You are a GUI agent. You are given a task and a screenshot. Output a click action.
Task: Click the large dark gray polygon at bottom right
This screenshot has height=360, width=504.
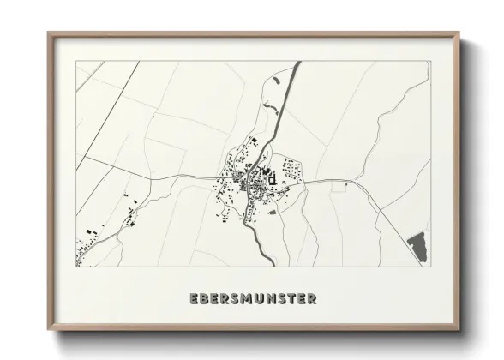(x=417, y=246)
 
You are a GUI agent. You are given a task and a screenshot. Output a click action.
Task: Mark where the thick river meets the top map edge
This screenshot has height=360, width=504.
(x=297, y=63)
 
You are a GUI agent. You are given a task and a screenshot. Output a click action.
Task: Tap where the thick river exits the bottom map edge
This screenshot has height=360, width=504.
(x=261, y=265)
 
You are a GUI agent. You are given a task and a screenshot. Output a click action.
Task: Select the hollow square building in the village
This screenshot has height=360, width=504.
(x=273, y=179)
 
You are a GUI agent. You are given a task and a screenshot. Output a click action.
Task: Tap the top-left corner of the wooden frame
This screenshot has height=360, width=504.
(x=48, y=33)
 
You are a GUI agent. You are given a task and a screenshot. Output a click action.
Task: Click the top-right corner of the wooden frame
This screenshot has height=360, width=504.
(x=461, y=33)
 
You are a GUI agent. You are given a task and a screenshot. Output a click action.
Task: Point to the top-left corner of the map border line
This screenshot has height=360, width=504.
(x=76, y=62)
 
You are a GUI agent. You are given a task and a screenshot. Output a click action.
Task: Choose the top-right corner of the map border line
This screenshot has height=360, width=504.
(x=429, y=62)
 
